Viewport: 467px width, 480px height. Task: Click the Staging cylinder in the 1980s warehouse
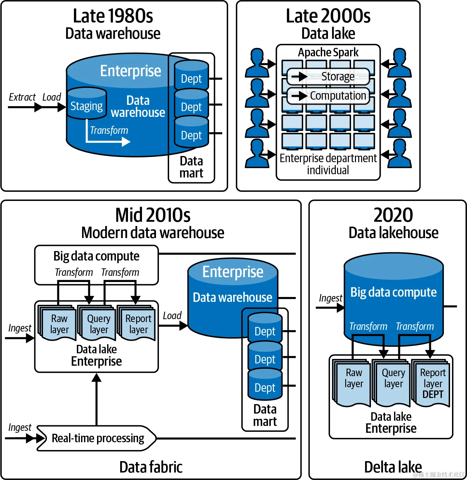coord(87,104)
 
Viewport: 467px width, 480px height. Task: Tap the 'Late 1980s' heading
coord(113,16)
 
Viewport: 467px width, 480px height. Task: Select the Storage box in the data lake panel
coord(328,77)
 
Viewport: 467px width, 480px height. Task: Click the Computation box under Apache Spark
coord(328,96)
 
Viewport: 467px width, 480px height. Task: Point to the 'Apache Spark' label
coord(328,52)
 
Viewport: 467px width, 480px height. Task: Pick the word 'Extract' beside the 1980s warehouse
coord(22,97)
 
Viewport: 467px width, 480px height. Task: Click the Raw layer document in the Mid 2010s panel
coord(59,324)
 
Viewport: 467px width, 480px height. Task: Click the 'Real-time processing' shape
coord(97,438)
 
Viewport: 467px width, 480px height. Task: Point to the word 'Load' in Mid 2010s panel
coord(172,316)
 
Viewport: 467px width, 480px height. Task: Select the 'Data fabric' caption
coord(151,467)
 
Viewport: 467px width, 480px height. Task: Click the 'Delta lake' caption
coord(393,467)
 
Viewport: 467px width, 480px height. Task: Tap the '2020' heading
coord(393,215)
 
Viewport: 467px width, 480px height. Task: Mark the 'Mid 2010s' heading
coord(153,215)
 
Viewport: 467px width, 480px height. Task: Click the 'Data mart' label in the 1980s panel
coord(191,167)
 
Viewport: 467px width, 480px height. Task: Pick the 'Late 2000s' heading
coord(328,16)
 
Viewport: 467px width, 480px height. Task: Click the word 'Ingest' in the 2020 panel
coord(331,298)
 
